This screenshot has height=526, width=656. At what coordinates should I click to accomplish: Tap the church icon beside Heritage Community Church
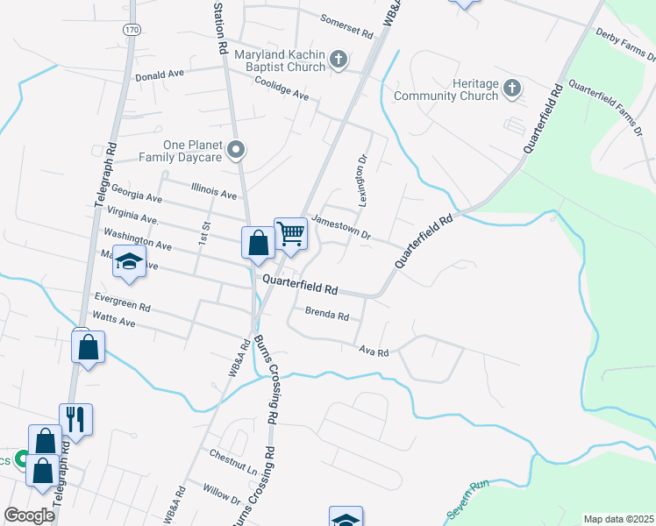(x=513, y=89)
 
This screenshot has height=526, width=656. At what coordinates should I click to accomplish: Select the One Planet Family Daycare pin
(x=235, y=151)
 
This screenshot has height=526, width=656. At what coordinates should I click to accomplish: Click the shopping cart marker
(x=290, y=234)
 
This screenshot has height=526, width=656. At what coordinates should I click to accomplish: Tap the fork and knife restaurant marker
(x=75, y=419)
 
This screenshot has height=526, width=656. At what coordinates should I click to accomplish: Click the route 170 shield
(x=132, y=29)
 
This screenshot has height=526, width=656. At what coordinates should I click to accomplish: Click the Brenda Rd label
(x=327, y=312)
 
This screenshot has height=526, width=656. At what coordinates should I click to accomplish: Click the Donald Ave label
(x=159, y=76)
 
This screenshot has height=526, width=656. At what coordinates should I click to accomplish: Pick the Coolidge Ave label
(x=282, y=92)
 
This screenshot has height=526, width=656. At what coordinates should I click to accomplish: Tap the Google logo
(x=29, y=515)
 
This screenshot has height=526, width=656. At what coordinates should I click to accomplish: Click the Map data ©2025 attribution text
(x=618, y=519)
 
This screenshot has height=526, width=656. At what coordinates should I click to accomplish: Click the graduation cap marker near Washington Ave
(x=129, y=262)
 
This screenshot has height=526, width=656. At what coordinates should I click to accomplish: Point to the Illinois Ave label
(x=214, y=190)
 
